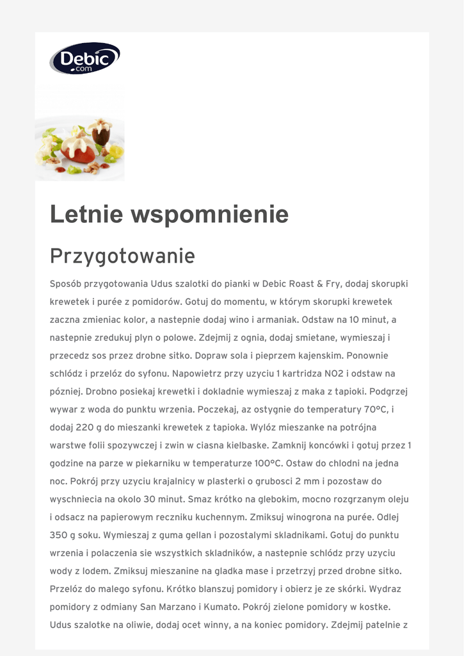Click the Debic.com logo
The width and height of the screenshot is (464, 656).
[84, 58]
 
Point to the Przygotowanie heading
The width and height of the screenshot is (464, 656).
[122, 256]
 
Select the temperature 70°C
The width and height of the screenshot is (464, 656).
[369, 409]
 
